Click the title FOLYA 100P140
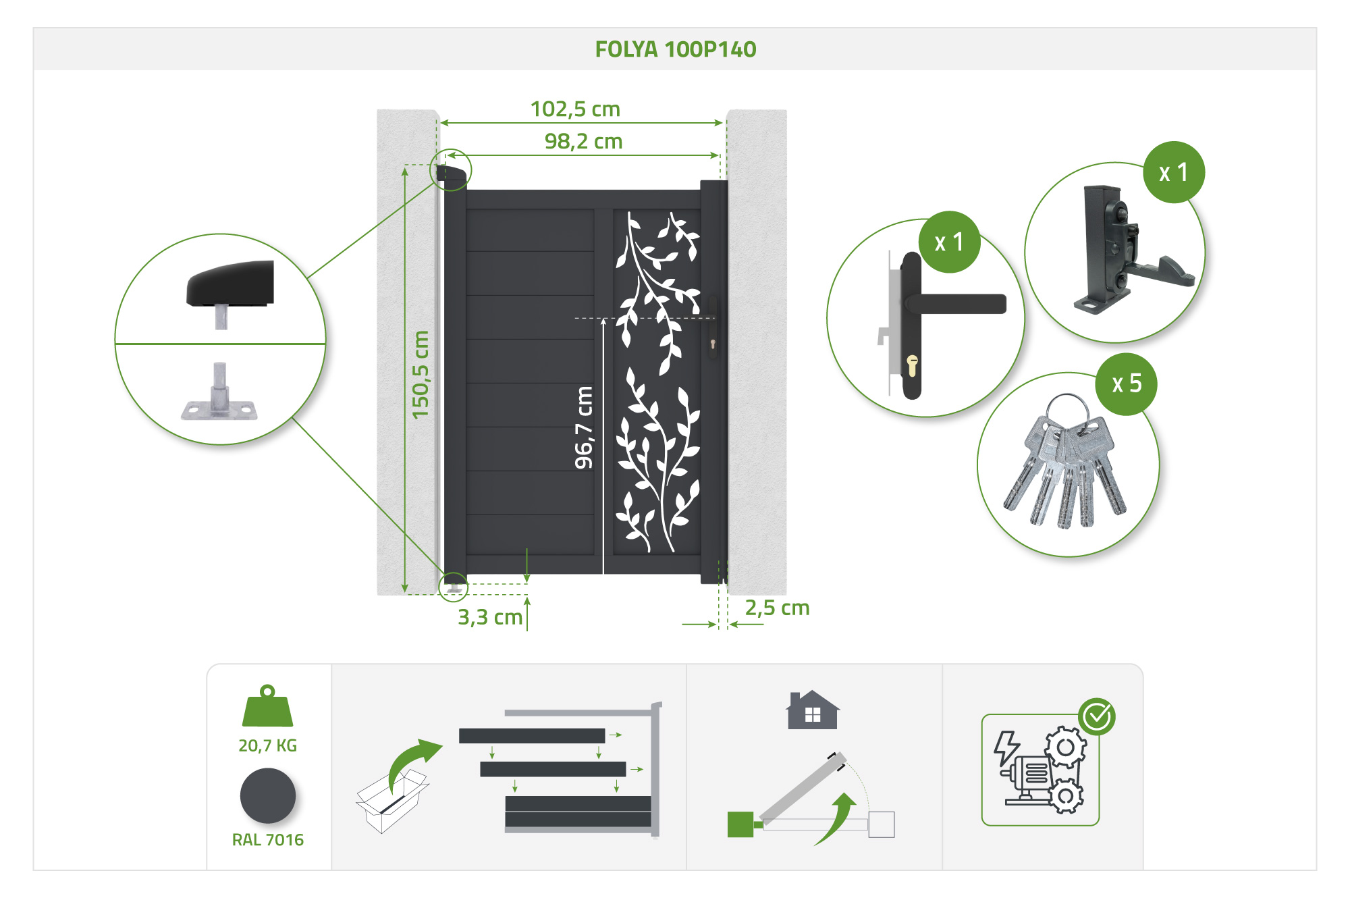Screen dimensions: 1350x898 pyautogui.click(x=676, y=49)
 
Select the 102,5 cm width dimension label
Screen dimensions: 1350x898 pyautogui.click(x=575, y=109)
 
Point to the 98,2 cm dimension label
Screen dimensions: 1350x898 pyautogui.click(x=583, y=141)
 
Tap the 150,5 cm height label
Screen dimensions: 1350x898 pyautogui.click(x=420, y=375)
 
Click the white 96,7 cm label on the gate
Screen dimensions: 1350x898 pyautogui.click(x=583, y=427)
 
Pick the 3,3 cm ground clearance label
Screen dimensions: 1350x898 pyautogui.click(x=490, y=617)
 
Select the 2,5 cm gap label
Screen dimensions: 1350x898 pyautogui.click(x=777, y=608)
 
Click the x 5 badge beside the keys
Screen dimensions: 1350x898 pyautogui.click(x=1127, y=384)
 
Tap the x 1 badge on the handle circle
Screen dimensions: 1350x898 pyautogui.click(x=949, y=242)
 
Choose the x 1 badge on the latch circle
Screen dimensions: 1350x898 pyautogui.click(x=1174, y=172)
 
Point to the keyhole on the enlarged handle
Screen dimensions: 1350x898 pyautogui.click(x=912, y=365)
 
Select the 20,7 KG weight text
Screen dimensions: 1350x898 pyautogui.click(x=267, y=745)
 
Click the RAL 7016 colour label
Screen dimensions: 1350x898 pyautogui.click(x=268, y=839)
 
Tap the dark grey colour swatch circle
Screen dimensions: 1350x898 pyautogui.click(x=268, y=796)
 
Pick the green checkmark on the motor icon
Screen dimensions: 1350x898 pyautogui.click(x=1097, y=716)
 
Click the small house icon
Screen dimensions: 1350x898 pyautogui.click(x=813, y=710)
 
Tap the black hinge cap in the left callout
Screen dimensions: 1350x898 pyautogui.click(x=230, y=284)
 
